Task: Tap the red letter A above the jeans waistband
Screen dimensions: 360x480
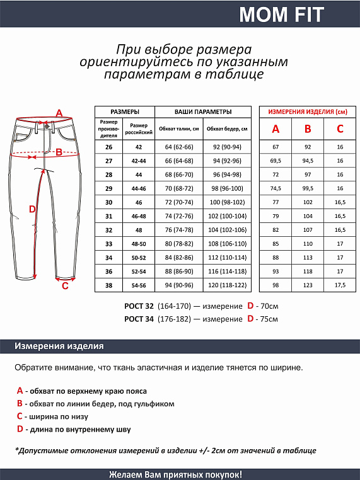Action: point(59,113)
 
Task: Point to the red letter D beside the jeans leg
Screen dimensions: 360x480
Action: point(33,210)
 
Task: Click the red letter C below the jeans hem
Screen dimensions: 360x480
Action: point(64,285)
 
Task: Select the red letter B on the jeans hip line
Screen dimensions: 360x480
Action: point(59,151)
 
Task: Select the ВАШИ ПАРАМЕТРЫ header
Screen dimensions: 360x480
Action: point(203,111)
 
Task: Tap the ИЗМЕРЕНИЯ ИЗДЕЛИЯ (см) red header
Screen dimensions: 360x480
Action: point(308,111)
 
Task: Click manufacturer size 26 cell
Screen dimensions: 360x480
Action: point(108,147)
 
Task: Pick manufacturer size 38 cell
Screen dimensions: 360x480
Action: point(108,285)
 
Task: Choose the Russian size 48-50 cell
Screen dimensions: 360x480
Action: point(138,243)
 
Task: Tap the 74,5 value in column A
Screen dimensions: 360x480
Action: point(275,188)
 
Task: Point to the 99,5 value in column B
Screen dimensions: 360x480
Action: point(308,188)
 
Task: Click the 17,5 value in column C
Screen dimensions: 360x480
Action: point(340,285)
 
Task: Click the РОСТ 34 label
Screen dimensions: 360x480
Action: point(139,319)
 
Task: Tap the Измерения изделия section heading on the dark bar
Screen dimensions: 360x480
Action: point(59,346)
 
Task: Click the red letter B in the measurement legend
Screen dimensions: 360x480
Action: point(20,404)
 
